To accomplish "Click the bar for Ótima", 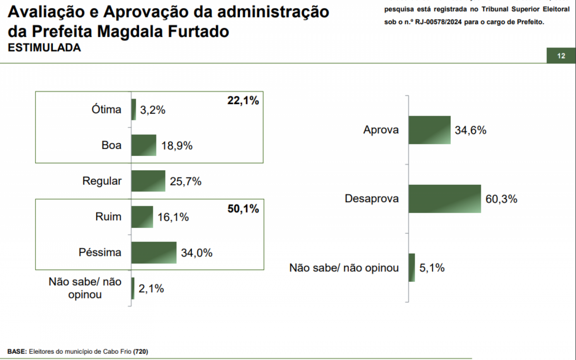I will point(133,109).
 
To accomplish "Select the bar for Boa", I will point(144,145).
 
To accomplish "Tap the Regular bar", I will point(148,181).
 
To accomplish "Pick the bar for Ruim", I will point(142,217).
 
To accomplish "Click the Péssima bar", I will point(154,252).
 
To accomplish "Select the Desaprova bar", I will point(444,199).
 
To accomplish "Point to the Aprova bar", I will point(430,130).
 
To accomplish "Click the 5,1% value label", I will point(432,268).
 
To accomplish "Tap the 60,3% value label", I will point(501,199).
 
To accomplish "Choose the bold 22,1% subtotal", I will point(242,101).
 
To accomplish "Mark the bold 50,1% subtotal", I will point(242,209).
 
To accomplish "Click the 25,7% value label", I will point(185,181).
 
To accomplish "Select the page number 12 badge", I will point(561,56).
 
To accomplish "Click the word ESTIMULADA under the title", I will point(44,48).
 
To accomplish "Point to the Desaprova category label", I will point(372,199).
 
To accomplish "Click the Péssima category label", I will point(100,252).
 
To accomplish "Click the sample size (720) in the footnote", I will point(141,351).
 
